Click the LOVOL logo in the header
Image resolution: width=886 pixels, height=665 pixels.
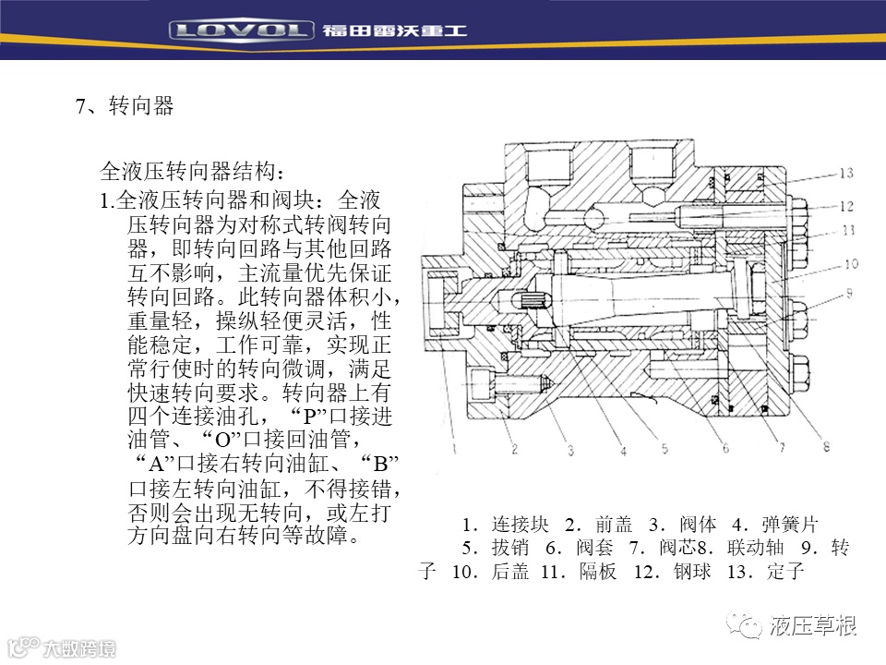coord(241,30)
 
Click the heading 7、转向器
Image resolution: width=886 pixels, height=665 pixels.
coord(125,105)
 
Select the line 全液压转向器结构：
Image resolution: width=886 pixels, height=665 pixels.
coord(192,172)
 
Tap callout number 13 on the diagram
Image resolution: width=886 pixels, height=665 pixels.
coord(846,173)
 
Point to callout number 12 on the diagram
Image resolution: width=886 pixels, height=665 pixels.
coord(846,206)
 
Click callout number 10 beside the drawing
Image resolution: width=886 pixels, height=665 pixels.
coord(851,263)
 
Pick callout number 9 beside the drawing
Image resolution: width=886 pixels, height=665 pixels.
coord(849,293)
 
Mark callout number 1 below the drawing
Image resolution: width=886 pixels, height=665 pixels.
coord(454,449)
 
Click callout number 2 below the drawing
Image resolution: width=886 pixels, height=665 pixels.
coord(514,450)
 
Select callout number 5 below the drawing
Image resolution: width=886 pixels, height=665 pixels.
coord(664,449)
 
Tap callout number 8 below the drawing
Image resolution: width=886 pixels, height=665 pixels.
coord(826,447)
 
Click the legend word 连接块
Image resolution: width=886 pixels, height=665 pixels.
coord(520,525)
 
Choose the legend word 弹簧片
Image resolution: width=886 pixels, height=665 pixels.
coord(789,525)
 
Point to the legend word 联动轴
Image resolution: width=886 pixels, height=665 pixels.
coord(756,548)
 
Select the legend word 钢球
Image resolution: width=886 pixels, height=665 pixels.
coord(692,571)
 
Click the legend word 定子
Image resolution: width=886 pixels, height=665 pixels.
coord(785,571)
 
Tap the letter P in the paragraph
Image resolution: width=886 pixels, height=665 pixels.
coord(310,417)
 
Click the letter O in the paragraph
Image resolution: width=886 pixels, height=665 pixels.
coord(223,440)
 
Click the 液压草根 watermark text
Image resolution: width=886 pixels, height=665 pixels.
coord(812,626)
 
